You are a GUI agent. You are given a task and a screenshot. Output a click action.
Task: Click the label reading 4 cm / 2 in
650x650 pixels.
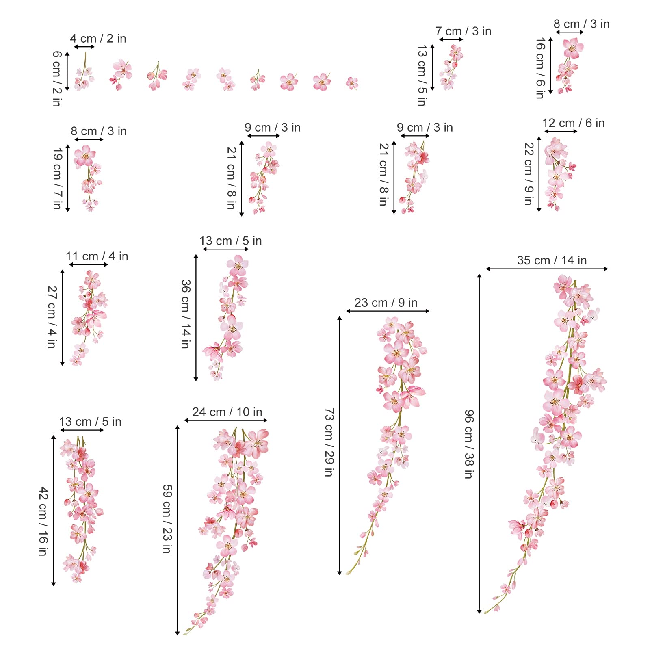98,39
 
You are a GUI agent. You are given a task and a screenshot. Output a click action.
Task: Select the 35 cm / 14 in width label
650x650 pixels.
552,260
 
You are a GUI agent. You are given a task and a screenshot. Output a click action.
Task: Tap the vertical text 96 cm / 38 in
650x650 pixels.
469,444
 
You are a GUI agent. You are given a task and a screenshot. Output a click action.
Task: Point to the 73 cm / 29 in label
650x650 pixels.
329,442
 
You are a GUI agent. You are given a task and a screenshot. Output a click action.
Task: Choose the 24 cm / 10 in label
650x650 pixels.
227,412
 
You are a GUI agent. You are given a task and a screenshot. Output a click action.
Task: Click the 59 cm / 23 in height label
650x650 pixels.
167,519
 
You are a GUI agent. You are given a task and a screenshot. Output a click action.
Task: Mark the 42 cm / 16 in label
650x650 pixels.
43,521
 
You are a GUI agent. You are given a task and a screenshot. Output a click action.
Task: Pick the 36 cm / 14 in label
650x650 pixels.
186,314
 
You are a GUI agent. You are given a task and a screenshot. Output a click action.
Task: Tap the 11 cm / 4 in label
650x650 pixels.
97,256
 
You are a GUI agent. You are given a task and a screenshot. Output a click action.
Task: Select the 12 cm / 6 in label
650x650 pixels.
573,123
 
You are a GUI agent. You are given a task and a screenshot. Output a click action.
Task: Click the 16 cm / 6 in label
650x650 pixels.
540,68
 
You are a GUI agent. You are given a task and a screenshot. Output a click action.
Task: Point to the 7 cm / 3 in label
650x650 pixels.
463,31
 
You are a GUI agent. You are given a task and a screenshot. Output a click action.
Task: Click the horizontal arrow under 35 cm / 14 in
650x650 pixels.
546,269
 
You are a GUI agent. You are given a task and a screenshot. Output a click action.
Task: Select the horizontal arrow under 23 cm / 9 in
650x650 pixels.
388,311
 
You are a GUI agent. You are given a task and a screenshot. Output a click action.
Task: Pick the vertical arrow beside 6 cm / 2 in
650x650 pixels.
67,71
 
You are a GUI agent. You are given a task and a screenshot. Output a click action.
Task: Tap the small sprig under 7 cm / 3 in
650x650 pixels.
451,67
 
